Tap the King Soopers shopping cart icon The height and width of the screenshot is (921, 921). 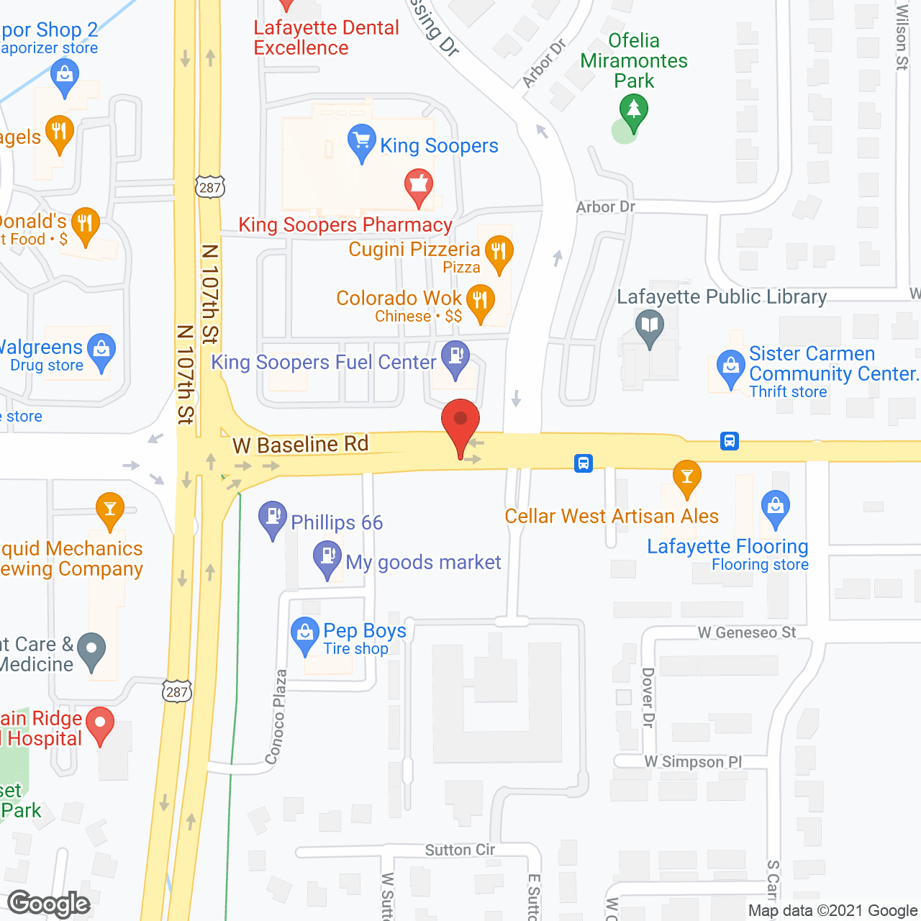click(x=361, y=141)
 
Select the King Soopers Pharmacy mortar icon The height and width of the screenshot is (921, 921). click(x=418, y=186)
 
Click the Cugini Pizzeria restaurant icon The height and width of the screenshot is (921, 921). click(x=499, y=253)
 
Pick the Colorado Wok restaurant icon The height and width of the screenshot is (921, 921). click(x=480, y=301)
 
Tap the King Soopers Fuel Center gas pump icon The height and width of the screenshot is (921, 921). click(x=455, y=357)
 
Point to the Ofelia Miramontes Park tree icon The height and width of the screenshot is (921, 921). click(x=633, y=112)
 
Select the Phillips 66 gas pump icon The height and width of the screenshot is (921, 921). click(x=273, y=517)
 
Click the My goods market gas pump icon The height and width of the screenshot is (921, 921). click(x=327, y=557)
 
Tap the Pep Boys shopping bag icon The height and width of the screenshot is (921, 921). click(x=304, y=634)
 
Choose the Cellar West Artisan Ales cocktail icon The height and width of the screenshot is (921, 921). click(x=686, y=476)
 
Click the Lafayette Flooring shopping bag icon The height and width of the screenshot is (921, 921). click(x=775, y=507)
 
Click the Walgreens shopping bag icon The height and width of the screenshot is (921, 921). click(x=101, y=350)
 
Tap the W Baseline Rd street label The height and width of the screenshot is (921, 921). click(x=300, y=445)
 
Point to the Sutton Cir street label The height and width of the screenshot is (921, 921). click(x=460, y=850)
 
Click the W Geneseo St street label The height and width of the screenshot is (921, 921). click(x=747, y=632)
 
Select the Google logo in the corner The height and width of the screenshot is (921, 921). click(x=49, y=904)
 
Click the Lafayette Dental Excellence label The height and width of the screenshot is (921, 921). click(x=326, y=38)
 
